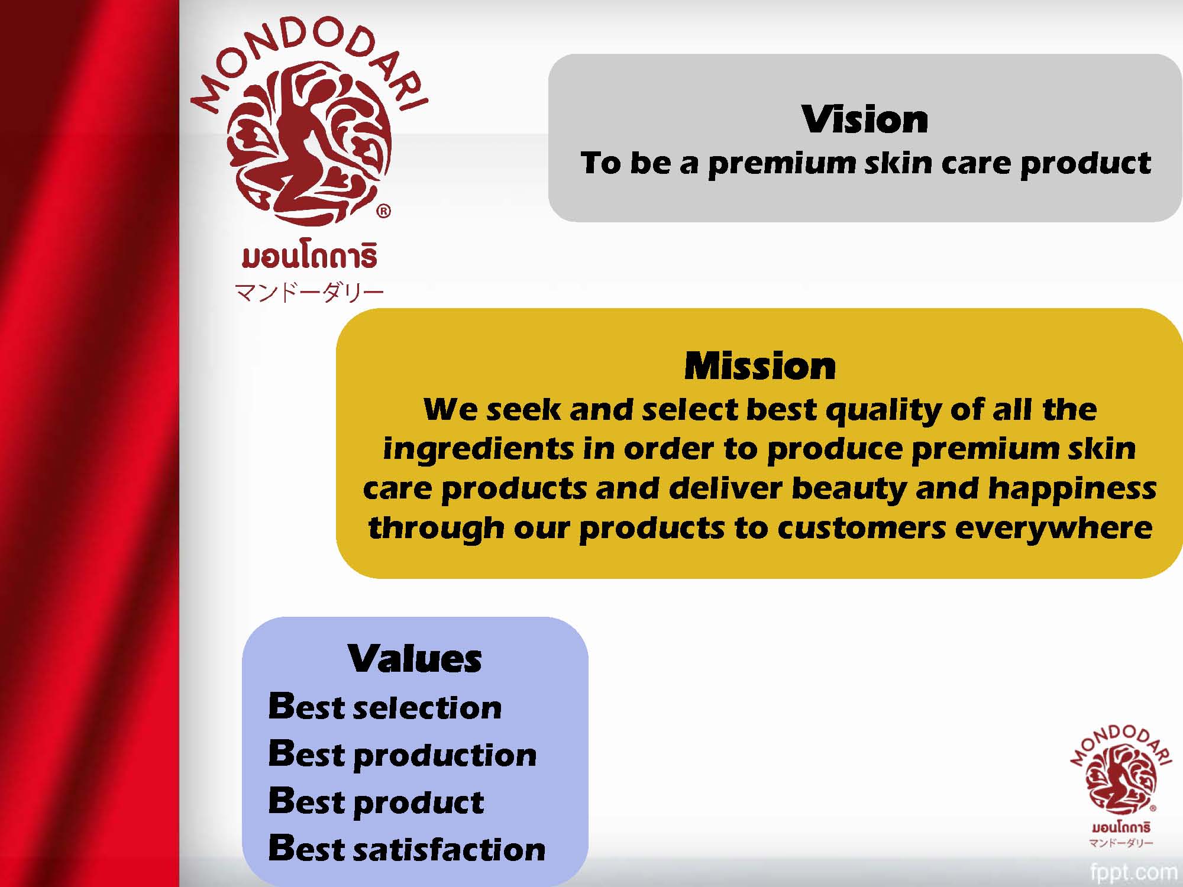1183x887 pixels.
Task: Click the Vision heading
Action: pyautogui.click(x=865, y=119)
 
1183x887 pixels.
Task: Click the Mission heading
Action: pyautogui.click(x=760, y=366)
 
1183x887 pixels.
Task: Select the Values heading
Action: pyautogui.click(x=415, y=659)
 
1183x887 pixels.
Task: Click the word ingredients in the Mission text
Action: pyautogui.click(x=479, y=450)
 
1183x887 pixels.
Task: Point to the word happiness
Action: pyautogui.click(x=1072, y=489)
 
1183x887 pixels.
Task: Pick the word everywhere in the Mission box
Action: pyautogui.click(x=1053, y=528)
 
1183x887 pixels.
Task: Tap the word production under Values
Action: pyautogui.click(x=445, y=756)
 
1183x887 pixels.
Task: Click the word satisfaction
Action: pyautogui.click(x=450, y=849)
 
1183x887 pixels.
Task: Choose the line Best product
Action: pyautogui.click(x=376, y=802)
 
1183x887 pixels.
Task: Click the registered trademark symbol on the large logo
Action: pyautogui.click(x=383, y=211)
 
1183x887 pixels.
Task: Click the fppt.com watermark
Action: pyautogui.click(x=1133, y=872)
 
